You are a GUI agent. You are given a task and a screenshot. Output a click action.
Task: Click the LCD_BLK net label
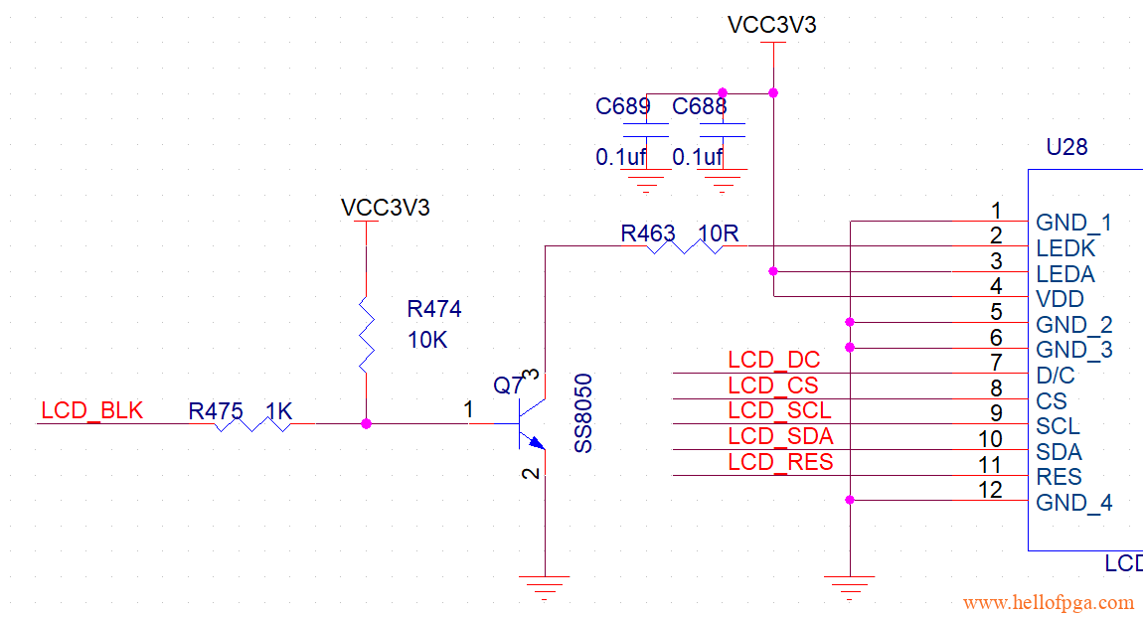[x=92, y=410]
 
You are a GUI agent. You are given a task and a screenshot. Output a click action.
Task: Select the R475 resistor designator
[x=216, y=410]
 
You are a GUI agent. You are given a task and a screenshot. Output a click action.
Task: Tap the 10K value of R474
[x=427, y=340]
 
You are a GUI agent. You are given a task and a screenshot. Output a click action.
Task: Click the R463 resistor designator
[x=648, y=233]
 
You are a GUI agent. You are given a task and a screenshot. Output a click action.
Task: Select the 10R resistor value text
[x=719, y=233]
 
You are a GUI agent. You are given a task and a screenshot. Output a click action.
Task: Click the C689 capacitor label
[x=623, y=106]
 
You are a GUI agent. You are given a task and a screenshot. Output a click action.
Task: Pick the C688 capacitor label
[x=700, y=106]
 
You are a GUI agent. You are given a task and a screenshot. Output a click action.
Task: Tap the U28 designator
[x=1066, y=147]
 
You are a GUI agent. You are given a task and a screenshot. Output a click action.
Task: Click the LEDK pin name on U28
[x=1064, y=248]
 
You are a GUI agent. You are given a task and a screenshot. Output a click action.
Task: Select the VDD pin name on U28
[x=1060, y=299]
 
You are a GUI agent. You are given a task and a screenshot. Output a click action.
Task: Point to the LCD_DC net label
[x=773, y=361]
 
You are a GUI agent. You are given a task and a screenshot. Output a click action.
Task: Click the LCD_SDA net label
[x=780, y=436]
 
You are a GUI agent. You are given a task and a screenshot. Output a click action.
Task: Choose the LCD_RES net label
[x=780, y=462]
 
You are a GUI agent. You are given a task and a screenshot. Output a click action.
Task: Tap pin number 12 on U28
[x=990, y=490]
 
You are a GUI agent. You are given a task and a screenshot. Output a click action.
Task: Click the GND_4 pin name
[x=1074, y=503]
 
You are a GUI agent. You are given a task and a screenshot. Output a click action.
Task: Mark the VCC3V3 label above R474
[x=386, y=208]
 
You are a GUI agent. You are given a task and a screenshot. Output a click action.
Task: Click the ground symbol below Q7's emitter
[x=545, y=584]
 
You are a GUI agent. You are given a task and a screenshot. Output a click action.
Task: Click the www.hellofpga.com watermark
[x=1049, y=602]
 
